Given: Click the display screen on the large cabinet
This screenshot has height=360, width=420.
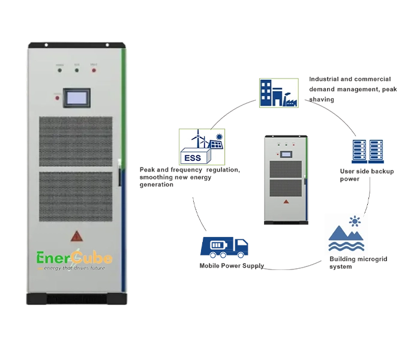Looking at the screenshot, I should click(77, 98).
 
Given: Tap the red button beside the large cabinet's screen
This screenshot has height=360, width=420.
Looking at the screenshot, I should click(56, 94).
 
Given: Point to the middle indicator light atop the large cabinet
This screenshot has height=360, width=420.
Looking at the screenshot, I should click(77, 70).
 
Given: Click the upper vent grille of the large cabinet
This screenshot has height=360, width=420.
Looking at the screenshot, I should click(76, 142).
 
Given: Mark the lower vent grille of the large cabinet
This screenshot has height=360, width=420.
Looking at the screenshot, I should click(76, 196).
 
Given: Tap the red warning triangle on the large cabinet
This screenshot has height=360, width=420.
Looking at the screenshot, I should click(77, 235).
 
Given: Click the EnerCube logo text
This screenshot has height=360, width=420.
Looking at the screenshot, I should click(71, 259).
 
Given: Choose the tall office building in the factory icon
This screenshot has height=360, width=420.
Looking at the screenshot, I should click(267, 92).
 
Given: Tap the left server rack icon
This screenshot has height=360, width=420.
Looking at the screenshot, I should click(359, 152).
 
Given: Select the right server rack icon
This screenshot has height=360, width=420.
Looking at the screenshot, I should click(376, 152).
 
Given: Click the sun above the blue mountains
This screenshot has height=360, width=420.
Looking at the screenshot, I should click(356, 222).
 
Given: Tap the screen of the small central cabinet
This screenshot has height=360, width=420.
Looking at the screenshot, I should click(287, 154).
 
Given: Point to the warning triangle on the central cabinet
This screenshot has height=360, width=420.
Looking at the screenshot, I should click(287, 203).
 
